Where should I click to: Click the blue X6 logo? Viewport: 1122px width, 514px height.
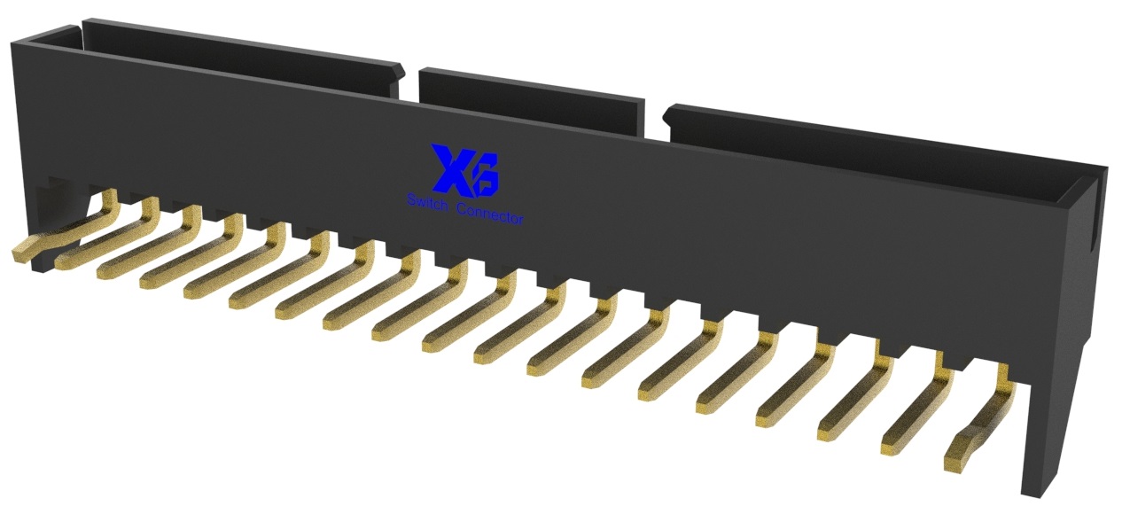click(464, 169)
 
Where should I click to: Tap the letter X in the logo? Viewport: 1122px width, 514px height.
click(448, 169)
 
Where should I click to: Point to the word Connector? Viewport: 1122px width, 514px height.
click(489, 214)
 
